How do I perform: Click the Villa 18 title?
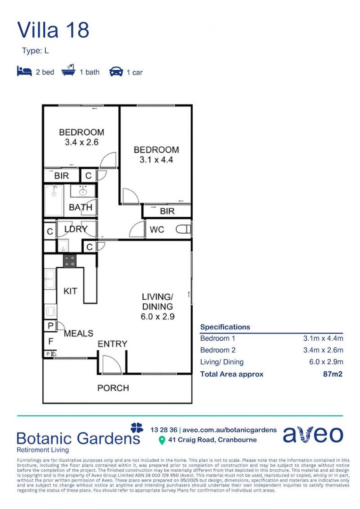pos(53,30)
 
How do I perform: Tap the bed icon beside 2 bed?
pos(25,71)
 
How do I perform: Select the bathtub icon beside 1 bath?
pos(68,70)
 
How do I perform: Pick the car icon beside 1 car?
pos(116,72)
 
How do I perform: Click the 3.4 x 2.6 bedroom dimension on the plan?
pos(82,142)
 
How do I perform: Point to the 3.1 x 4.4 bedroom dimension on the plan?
pos(156,160)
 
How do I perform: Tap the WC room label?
pos(157,230)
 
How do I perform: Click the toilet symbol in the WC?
pos(183,230)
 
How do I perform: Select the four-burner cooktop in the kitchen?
pos(70,261)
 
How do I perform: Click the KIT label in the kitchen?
pos(70,291)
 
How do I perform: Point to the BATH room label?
pos(81,207)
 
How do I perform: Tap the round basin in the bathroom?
pos(83,192)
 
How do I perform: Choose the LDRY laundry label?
pos(76,229)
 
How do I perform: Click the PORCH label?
pos(113,388)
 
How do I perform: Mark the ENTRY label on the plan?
pos(112,344)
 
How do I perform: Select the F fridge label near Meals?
pos(50,341)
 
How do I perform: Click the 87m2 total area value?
pos(333,374)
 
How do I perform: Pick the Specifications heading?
pos(225,327)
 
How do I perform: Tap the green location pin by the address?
pos(162,441)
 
